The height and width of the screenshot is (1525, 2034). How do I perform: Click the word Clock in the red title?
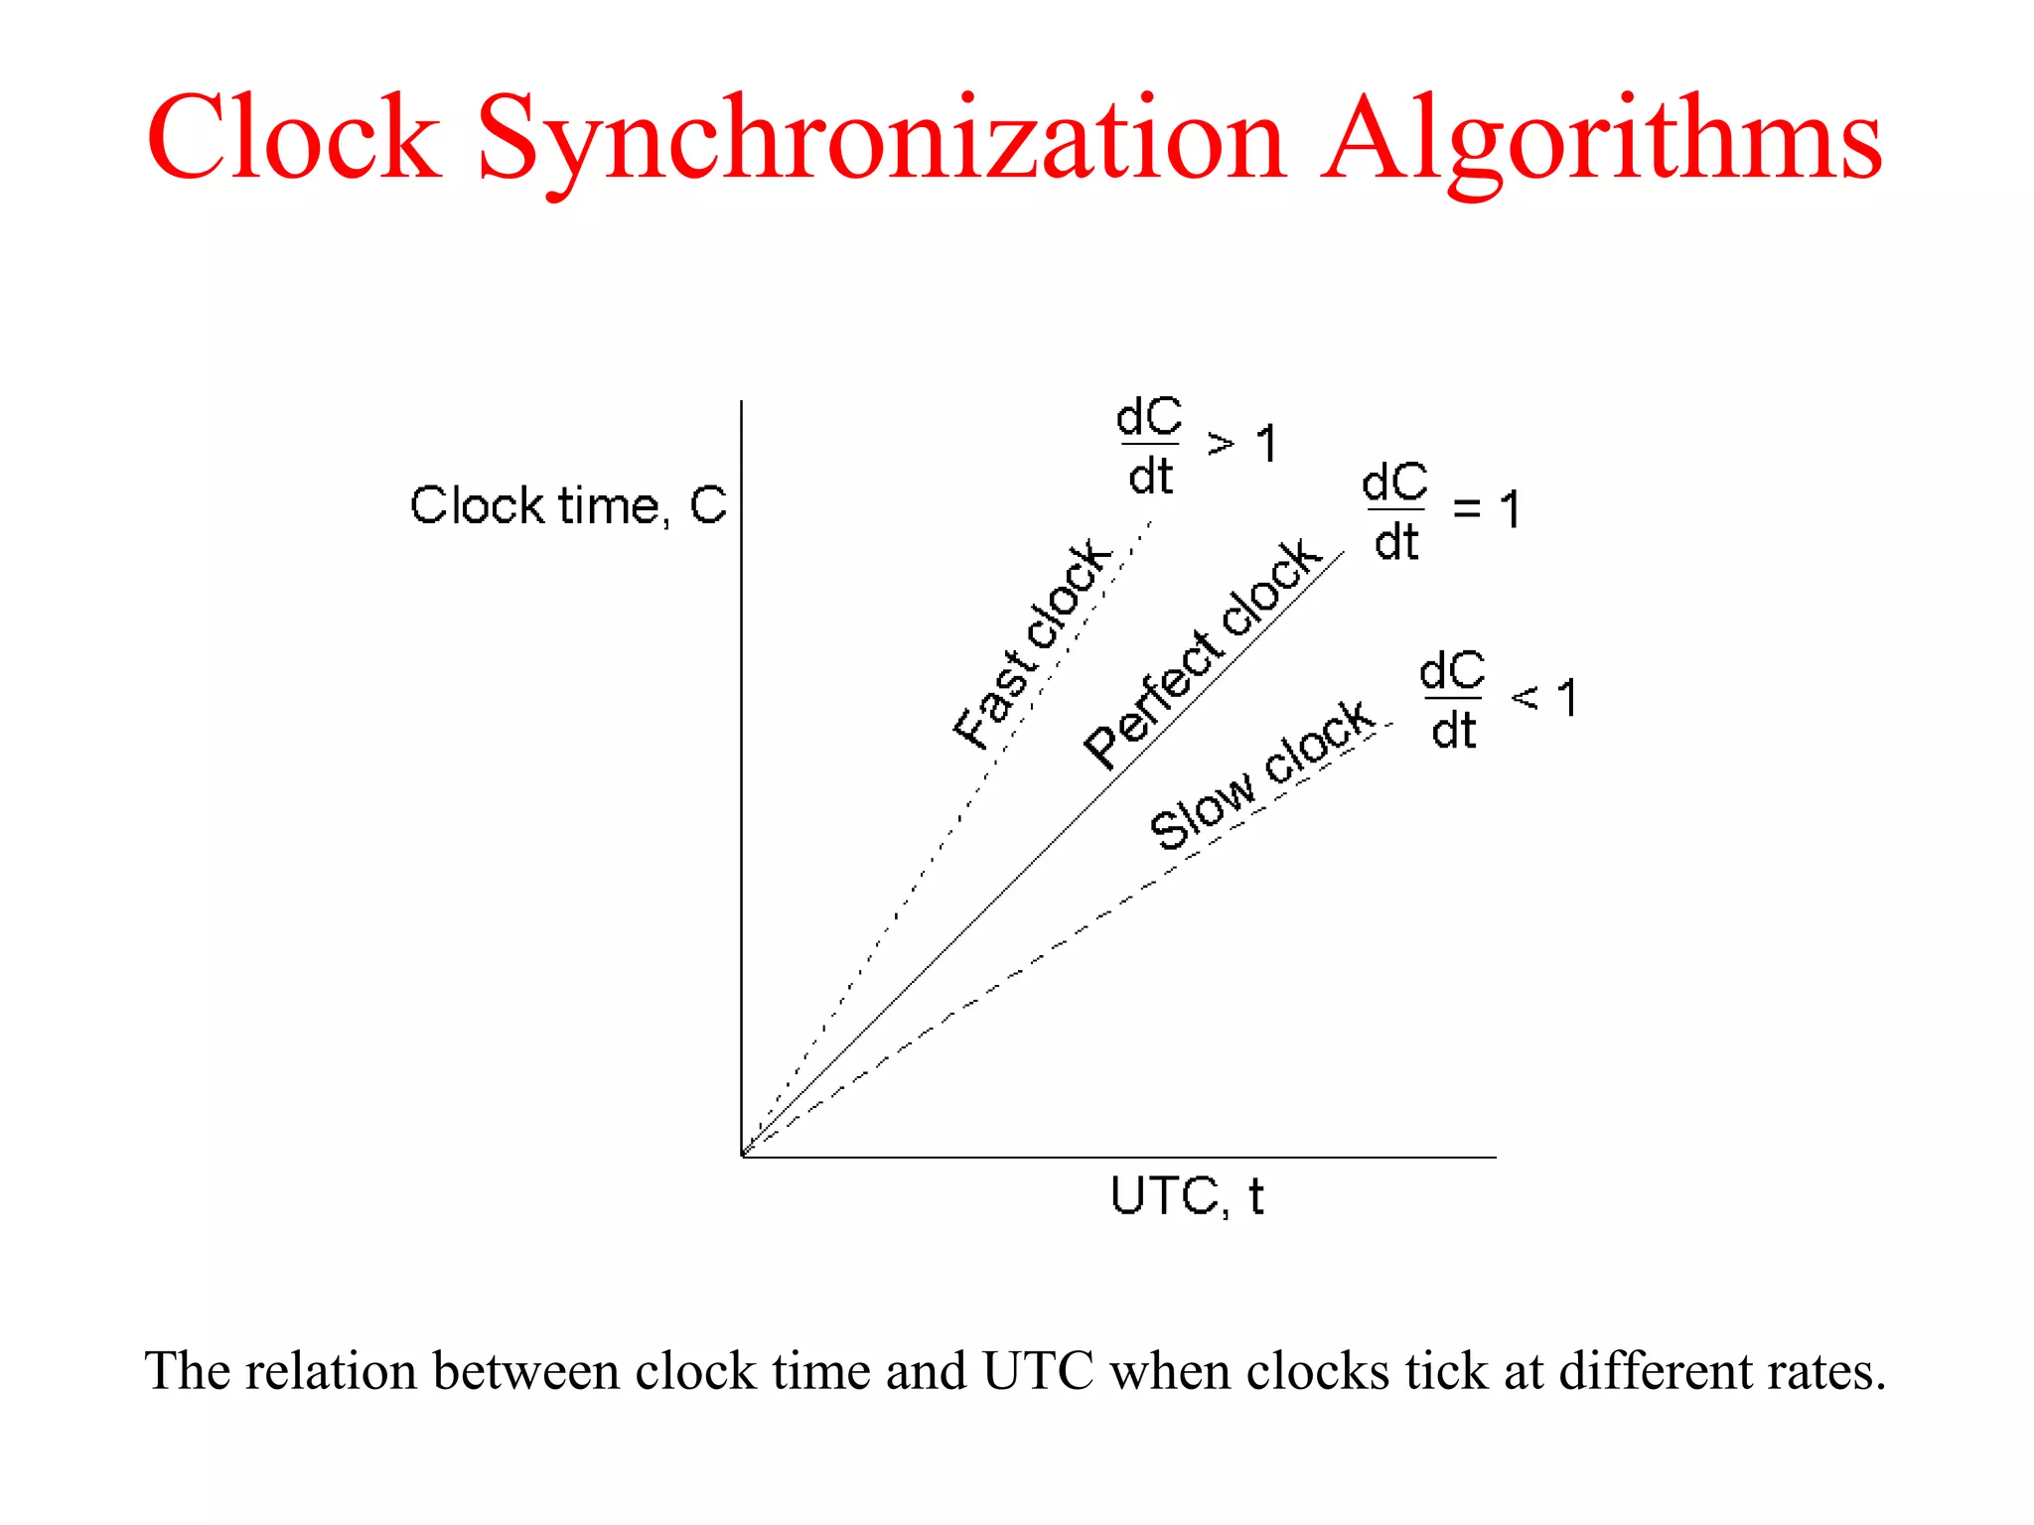(x=294, y=138)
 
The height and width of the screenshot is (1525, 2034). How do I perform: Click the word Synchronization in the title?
(x=881, y=140)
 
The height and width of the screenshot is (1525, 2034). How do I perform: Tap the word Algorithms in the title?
(x=1600, y=140)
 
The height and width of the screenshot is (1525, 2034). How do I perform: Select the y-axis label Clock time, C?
(x=568, y=505)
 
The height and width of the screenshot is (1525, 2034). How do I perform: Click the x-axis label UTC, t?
(x=1187, y=1196)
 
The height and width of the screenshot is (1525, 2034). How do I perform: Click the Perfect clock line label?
(x=1202, y=655)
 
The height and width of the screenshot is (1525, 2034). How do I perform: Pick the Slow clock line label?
(x=1261, y=775)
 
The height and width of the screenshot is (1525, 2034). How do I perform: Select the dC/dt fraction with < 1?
(x=1452, y=701)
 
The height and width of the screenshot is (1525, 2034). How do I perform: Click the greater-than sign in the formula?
(x=1221, y=444)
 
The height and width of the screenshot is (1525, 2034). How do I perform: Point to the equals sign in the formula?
(x=1466, y=510)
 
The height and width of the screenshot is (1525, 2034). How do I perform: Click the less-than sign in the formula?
(x=1525, y=699)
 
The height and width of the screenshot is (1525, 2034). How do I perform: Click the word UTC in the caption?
(x=1038, y=1371)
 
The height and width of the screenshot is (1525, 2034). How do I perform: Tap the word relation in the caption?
(x=331, y=1371)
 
